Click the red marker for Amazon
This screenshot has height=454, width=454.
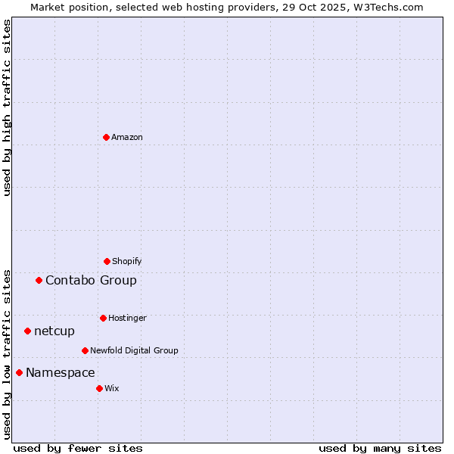[x=106, y=137]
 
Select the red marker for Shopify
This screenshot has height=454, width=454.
[x=107, y=261]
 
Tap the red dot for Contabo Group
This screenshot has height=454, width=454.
[x=39, y=280]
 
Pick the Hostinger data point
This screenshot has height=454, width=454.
[x=103, y=318]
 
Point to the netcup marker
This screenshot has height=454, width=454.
[x=27, y=331]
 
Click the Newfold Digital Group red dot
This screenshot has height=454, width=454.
[x=85, y=350]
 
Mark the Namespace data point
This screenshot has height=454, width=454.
[x=19, y=372]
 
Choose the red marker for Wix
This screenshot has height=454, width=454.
[x=99, y=388]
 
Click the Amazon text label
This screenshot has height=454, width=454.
[x=127, y=137]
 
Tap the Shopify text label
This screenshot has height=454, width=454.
[x=127, y=261]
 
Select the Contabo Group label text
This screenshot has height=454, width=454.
[x=91, y=280]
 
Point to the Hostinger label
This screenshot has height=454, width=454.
[x=127, y=318]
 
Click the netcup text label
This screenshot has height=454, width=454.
[x=54, y=331]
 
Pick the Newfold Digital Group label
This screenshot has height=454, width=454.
[x=134, y=350]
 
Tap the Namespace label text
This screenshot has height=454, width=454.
[x=61, y=372]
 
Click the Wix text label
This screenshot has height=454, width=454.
[x=112, y=388]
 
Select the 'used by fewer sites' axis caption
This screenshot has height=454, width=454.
[x=77, y=448]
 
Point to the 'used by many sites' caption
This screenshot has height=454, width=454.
[x=380, y=448]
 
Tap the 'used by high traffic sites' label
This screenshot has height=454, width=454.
[x=7, y=107]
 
